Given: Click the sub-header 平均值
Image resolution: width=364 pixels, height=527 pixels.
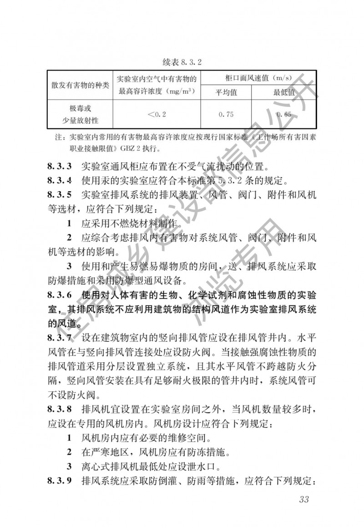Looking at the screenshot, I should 226,93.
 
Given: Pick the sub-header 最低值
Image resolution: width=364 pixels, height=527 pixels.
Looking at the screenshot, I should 284,93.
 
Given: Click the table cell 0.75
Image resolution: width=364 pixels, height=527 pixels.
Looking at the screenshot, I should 226,115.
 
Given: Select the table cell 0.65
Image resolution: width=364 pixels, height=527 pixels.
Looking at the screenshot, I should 284,115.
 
